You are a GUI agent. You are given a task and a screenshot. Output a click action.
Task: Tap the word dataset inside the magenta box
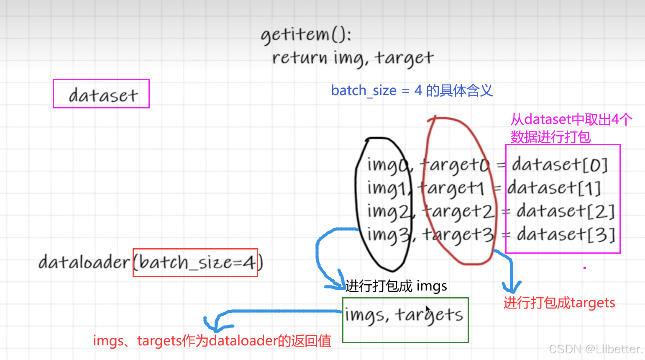(x=103, y=95)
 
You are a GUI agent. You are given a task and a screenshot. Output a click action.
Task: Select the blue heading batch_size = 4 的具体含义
(x=412, y=90)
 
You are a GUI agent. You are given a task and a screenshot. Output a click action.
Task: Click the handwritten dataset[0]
(x=560, y=165)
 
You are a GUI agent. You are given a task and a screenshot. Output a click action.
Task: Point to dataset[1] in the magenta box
(x=554, y=188)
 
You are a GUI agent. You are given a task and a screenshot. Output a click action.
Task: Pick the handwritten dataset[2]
(x=565, y=211)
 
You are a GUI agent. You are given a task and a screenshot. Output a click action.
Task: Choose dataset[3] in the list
(x=566, y=235)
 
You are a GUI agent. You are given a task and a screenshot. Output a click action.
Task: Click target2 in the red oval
(x=458, y=212)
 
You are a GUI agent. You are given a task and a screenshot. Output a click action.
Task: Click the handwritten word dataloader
(x=84, y=262)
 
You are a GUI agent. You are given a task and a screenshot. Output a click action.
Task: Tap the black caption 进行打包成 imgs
(x=396, y=286)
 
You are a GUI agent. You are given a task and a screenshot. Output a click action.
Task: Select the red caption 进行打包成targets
(x=559, y=303)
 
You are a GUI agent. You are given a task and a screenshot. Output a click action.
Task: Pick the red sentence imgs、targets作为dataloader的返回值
(x=212, y=341)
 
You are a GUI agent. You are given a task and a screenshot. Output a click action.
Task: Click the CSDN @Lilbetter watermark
(x=596, y=349)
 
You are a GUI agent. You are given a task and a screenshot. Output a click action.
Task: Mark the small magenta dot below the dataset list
(x=585, y=267)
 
